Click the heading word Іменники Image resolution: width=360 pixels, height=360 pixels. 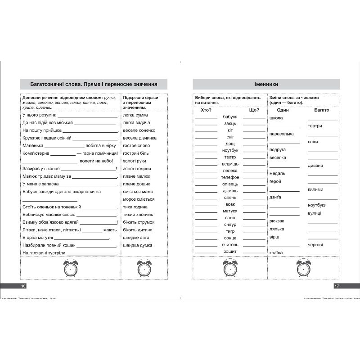[x=266, y=84]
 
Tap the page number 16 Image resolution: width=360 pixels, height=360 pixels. [x=24, y=286]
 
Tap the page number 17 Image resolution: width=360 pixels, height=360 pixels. [x=336, y=286]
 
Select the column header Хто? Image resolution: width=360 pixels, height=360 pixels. [x=206, y=110]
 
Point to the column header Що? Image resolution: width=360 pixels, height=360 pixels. [x=254, y=110]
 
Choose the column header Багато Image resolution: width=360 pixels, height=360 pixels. [x=322, y=110]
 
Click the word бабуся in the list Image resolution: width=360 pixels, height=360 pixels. [x=230, y=117]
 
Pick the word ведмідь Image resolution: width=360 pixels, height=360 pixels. [x=230, y=164]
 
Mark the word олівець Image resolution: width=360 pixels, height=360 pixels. [x=230, y=184]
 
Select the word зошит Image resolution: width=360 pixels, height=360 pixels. [x=230, y=251]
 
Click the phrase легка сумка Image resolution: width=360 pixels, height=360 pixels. [x=135, y=115]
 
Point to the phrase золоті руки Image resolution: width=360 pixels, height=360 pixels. [x=135, y=161]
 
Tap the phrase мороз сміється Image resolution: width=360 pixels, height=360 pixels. [x=139, y=199]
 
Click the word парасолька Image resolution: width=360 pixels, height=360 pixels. [x=281, y=134]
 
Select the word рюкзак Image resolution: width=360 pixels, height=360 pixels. [x=277, y=221]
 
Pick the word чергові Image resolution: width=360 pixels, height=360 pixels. [x=315, y=244]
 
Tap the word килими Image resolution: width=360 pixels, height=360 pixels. [x=315, y=189]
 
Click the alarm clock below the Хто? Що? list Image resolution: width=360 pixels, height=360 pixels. [x=230, y=268]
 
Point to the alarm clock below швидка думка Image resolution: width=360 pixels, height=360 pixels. [x=144, y=268]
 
